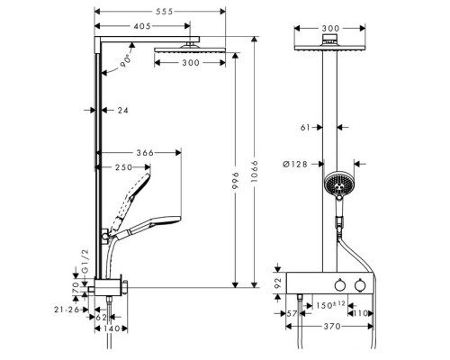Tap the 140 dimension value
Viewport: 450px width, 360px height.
click(112, 330)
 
